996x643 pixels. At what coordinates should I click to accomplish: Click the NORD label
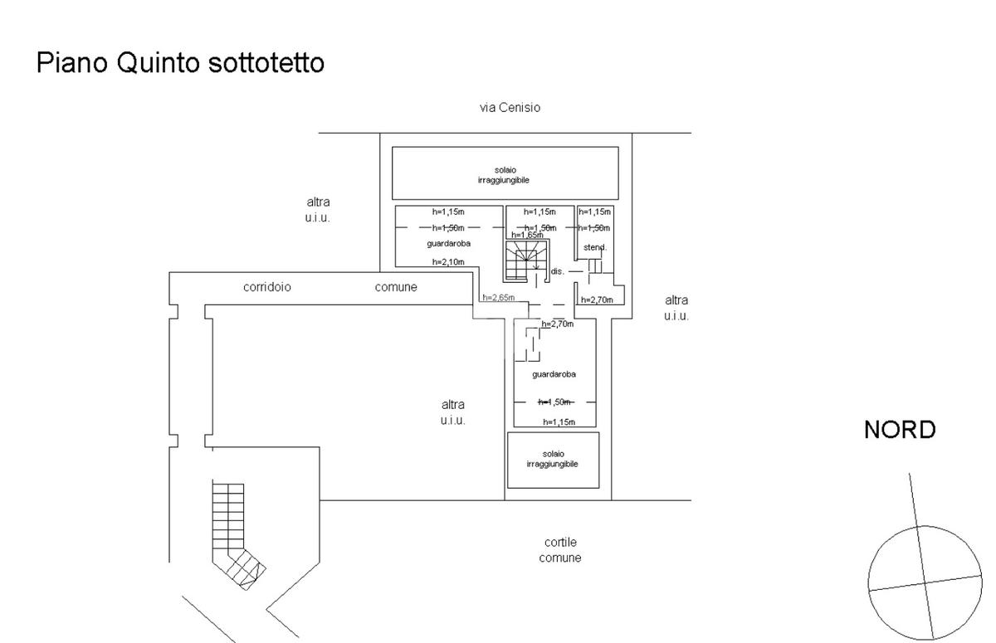point(900,430)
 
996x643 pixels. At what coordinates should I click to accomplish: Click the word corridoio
point(267,287)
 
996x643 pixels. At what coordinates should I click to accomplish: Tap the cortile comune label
point(560,550)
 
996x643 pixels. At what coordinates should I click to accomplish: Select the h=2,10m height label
point(448,261)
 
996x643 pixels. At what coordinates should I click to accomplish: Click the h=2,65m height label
point(499,298)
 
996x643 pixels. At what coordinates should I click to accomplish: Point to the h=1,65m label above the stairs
point(527,235)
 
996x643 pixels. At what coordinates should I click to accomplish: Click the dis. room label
point(557,271)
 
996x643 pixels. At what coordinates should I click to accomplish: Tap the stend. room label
point(595,247)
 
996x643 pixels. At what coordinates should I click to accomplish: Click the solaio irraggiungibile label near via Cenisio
point(505,174)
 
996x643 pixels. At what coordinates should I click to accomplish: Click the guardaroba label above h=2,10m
point(449,244)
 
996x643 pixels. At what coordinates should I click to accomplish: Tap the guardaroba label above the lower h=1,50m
point(554,374)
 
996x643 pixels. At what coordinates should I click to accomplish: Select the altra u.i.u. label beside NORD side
point(676,308)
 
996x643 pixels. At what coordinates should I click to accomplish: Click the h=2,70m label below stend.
point(597,300)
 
